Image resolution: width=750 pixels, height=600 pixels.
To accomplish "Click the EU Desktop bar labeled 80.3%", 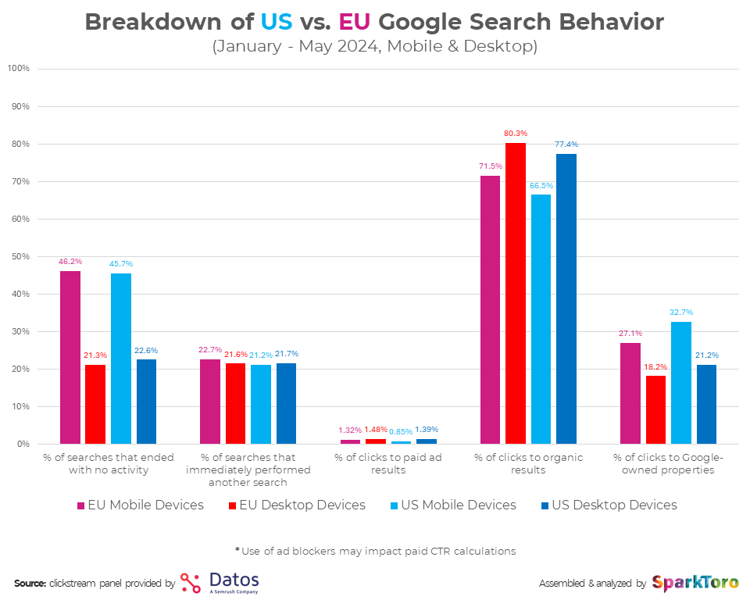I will [x=515, y=293].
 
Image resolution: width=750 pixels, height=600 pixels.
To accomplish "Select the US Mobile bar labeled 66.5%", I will [x=541, y=319].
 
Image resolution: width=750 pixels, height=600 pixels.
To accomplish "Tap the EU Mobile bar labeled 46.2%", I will [x=70, y=357].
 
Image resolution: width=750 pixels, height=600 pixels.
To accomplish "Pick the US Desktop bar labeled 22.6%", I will [x=146, y=401].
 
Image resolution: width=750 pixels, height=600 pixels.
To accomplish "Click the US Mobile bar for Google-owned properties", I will [x=680, y=382].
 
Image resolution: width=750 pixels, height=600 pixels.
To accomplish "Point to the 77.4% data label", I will [x=566, y=145].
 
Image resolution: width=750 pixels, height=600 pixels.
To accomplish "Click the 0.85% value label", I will [x=401, y=431].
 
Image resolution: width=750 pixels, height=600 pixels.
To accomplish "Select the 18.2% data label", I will [x=655, y=366].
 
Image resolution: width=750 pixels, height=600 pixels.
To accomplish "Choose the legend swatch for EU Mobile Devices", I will [x=81, y=505].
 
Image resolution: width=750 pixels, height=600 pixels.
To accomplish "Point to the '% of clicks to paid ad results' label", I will [x=388, y=463].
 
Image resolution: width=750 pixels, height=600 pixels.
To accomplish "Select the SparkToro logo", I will [x=695, y=583].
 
